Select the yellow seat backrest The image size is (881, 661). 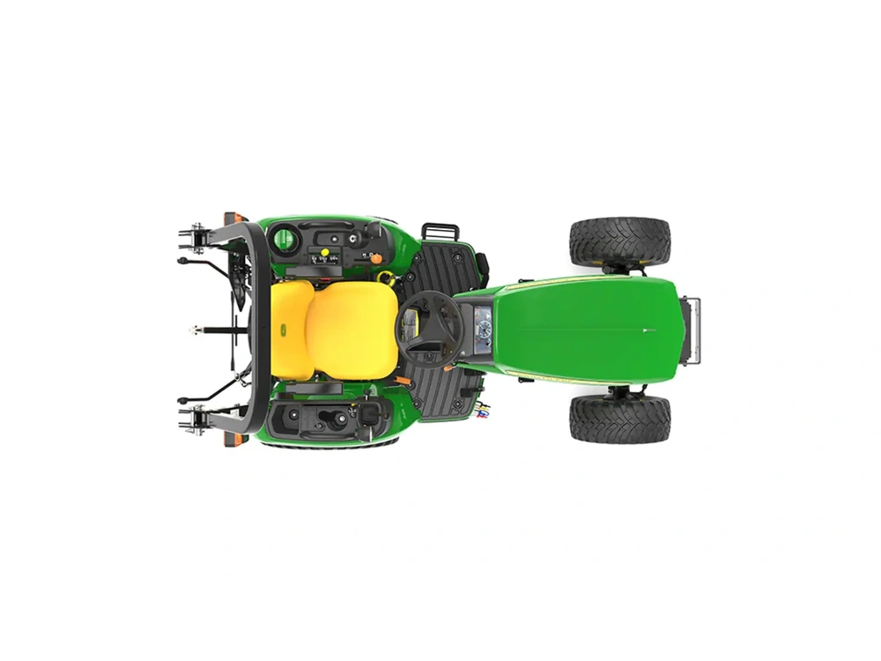coord(292,330)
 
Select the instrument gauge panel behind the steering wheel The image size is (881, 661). coord(482,328)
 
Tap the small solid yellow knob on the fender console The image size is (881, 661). coord(324,253)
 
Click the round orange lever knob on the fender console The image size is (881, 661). coord(376,258)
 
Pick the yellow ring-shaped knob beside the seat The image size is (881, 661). coord(385,278)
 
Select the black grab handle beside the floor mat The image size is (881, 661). coord(440,231)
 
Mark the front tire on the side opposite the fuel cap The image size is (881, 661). coord(619,419)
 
